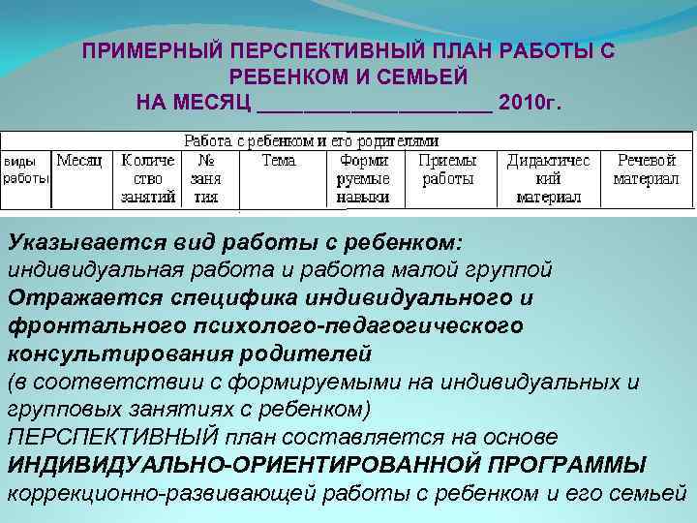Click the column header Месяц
[x=79, y=160]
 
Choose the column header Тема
[x=279, y=160]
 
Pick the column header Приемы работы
[x=447, y=169]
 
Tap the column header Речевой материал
[x=646, y=169]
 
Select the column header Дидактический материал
[x=548, y=178]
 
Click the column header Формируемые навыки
[x=363, y=178]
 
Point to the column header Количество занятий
[x=148, y=178]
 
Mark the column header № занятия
[x=205, y=178]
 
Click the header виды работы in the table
[x=25, y=169]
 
